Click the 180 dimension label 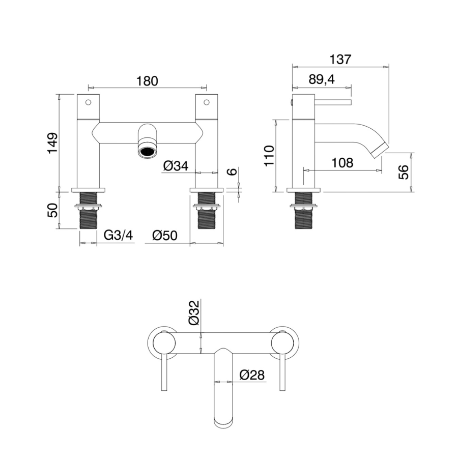pos(148,80)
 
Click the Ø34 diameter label pos(176,166)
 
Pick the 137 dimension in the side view pos(340,59)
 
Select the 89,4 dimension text pos(322,79)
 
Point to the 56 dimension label pos(404,172)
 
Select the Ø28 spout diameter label pos(252,375)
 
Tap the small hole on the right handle pos(206,102)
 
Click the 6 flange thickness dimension pos(232,171)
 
